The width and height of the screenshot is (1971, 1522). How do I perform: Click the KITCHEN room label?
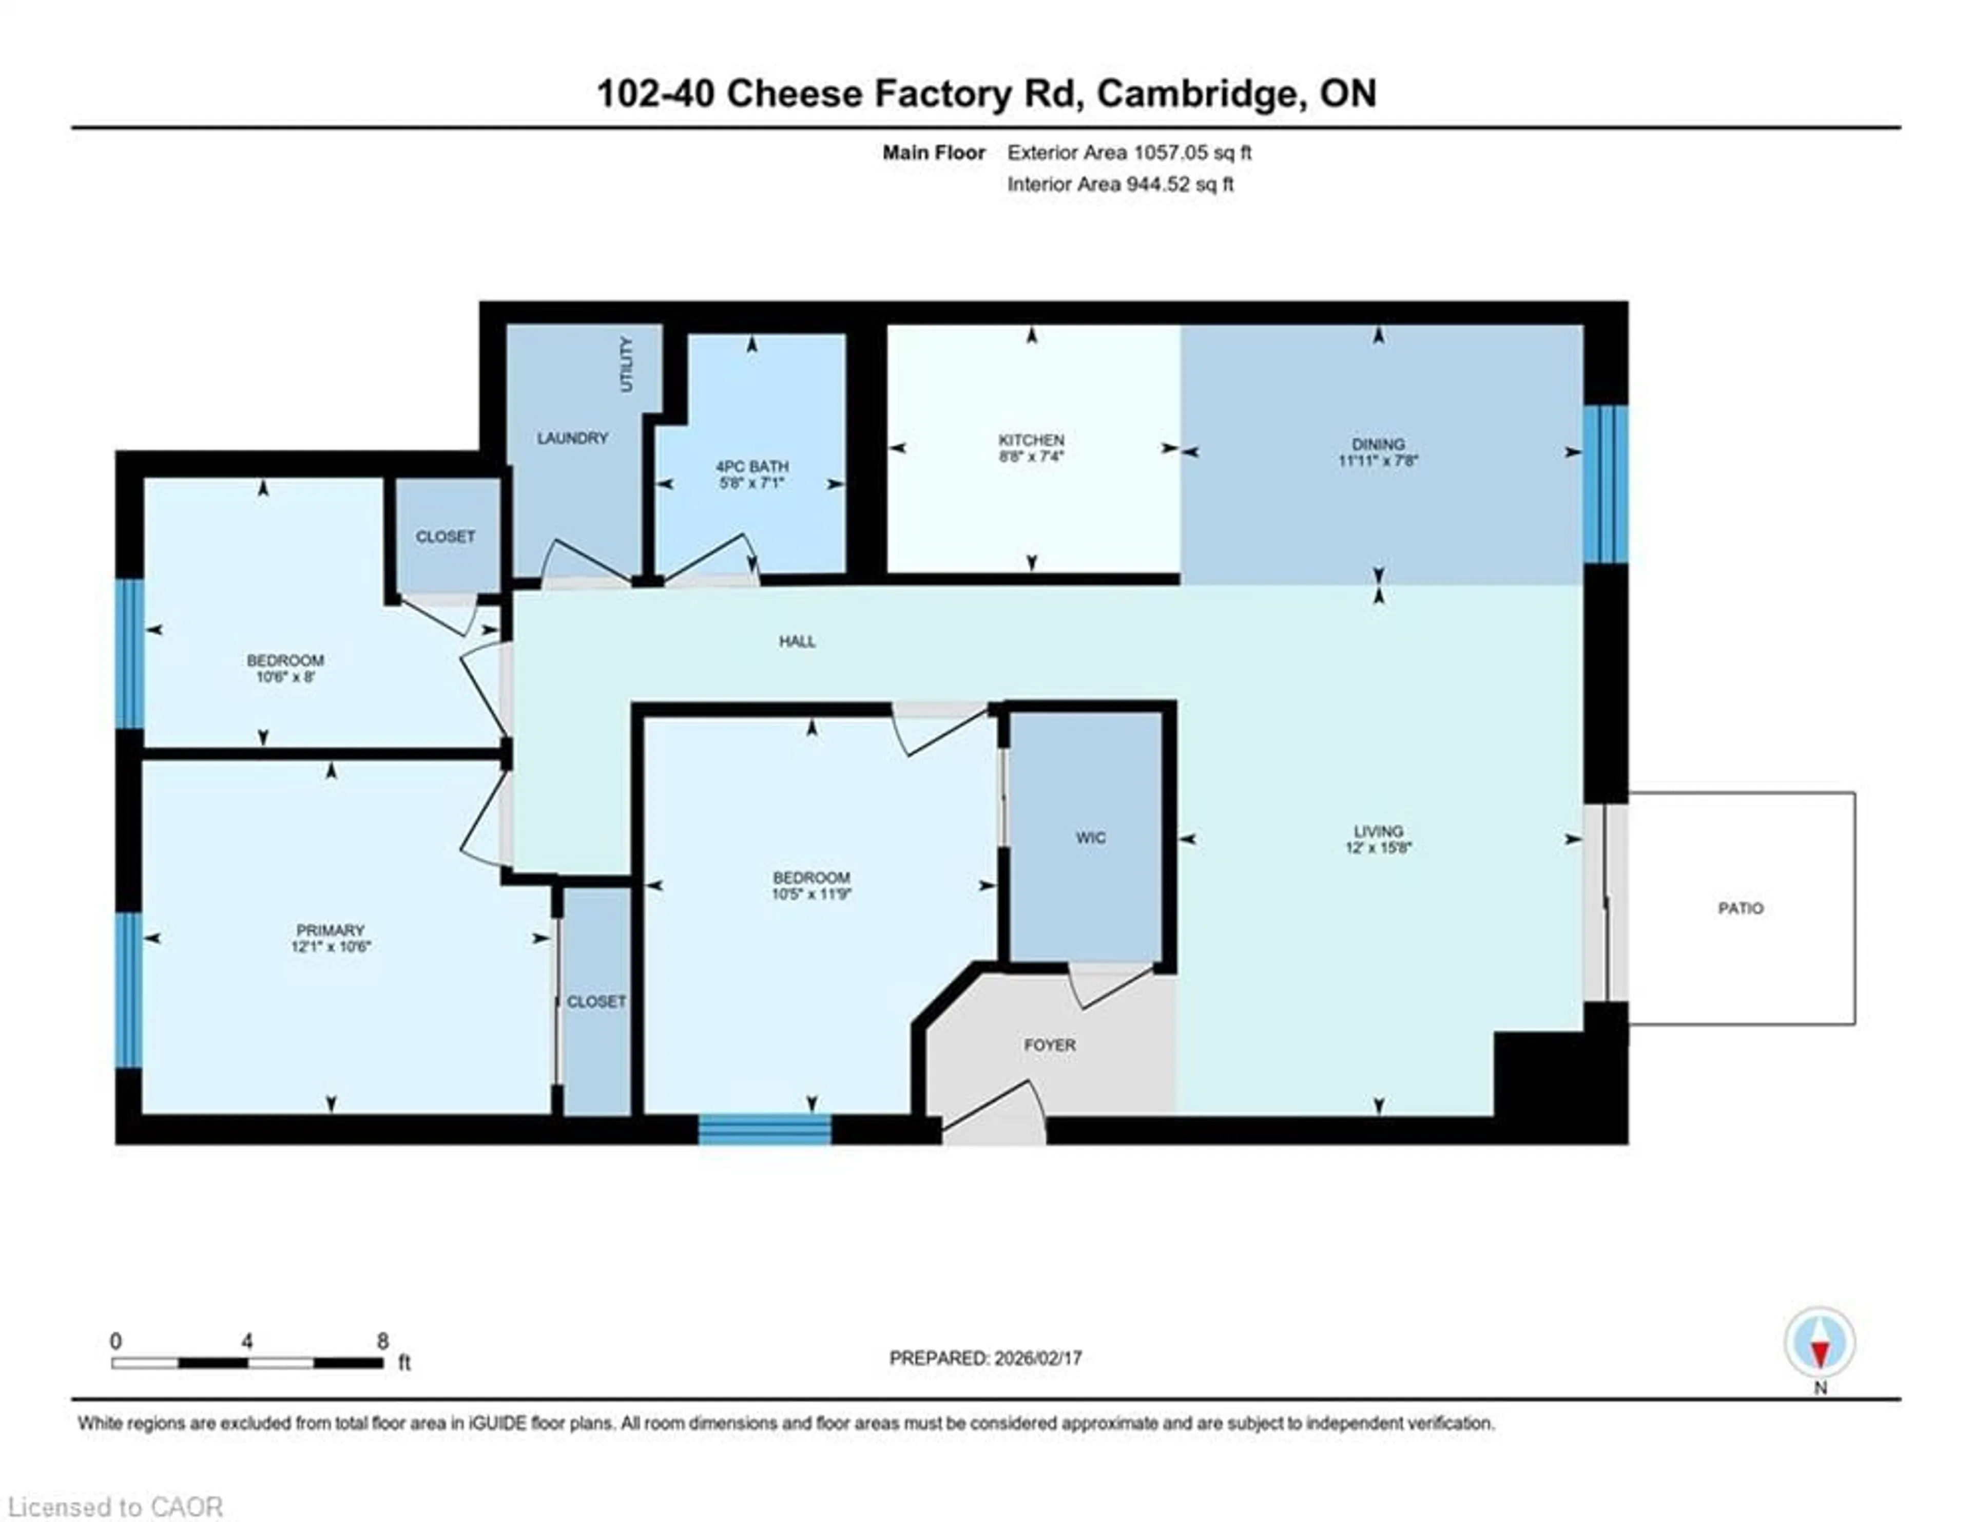pyautogui.click(x=1031, y=440)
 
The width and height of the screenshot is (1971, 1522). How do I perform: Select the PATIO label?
pyautogui.click(x=1740, y=908)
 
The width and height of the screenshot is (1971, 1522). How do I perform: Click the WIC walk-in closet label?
pyautogui.click(x=1090, y=838)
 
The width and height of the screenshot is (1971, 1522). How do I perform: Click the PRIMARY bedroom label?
pyautogui.click(x=331, y=930)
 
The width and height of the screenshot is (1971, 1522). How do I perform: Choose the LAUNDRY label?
pyautogui.click(x=572, y=438)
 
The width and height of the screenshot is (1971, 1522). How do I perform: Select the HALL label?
pyautogui.click(x=797, y=641)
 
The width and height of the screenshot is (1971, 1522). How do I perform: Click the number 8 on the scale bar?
pyautogui.click(x=382, y=1341)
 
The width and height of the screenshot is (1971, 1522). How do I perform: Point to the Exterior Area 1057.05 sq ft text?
pyautogui.click(x=1129, y=153)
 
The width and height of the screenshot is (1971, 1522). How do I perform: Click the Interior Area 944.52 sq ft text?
pyautogui.click(x=1120, y=184)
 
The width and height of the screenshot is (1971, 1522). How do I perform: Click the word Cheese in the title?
pyautogui.click(x=794, y=94)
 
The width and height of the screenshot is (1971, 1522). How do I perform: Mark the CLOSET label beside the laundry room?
pyautogui.click(x=445, y=536)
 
